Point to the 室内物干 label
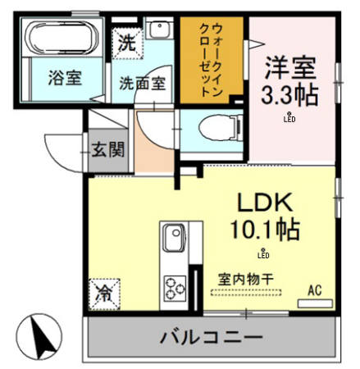click(x=248, y=279)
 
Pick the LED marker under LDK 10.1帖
click(x=262, y=253)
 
